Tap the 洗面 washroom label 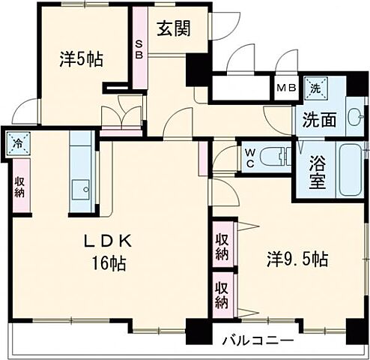coord(318,118)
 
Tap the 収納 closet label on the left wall coord(19,185)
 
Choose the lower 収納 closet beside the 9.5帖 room coord(222,293)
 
